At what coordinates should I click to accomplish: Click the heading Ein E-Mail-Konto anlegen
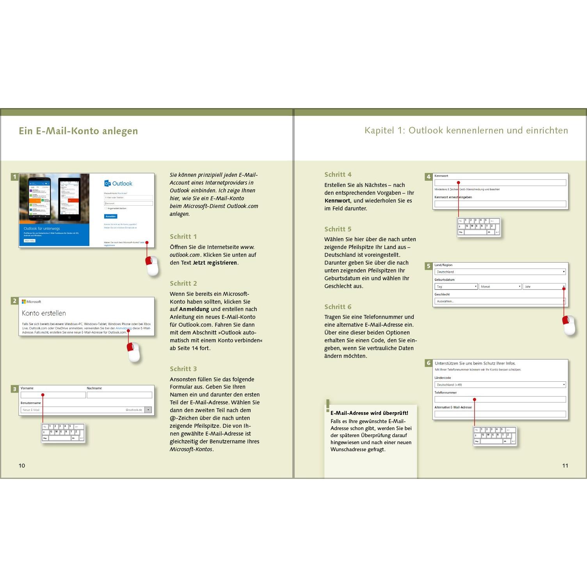pyautogui.click(x=78, y=131)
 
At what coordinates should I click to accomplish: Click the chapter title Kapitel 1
pyautogui.click(x=466, y=130)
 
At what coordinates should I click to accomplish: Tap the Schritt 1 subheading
pyautogui.click(x=183, y=237)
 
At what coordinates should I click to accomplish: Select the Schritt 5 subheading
pyautogui.click(x=338, y=229)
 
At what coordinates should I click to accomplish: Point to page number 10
pyautogui.click(x=22, y=465)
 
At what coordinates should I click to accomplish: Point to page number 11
pyautogui.click(x=565, y=465)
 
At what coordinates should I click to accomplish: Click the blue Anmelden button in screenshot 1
pyautogui.click(x=111, y=216)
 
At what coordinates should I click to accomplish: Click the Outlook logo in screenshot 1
pyautogui.click(x=118, y=183)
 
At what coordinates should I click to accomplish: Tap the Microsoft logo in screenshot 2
pyautogui.click(x=31, y=302)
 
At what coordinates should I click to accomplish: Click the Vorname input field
pyautogui.click(x=53, y=395)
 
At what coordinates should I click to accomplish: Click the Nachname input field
pyautogui.click(x=119, y=395)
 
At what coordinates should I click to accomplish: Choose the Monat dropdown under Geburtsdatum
pyautogui.click(x=500, y=286)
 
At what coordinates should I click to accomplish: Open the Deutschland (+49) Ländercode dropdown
pyautogui.click(x=500, y=385)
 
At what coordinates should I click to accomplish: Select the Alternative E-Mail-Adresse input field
pyautogui.click(x=500, y=414)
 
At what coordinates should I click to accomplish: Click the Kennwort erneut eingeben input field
pyautogui.click(x=500, y=204)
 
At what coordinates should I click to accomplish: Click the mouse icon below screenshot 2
pyautogui.click(x=134, y=352)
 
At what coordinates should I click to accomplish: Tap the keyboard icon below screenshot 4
pyautogui.click(x=478, y=227)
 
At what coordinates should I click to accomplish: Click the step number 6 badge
pyautogui.click(x=429, y=363)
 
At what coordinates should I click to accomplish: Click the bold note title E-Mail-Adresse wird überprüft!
pyautogui.click(x=369, y=413)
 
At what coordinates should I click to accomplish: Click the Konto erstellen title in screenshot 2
pyautogui.click(x=44, y=313)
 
